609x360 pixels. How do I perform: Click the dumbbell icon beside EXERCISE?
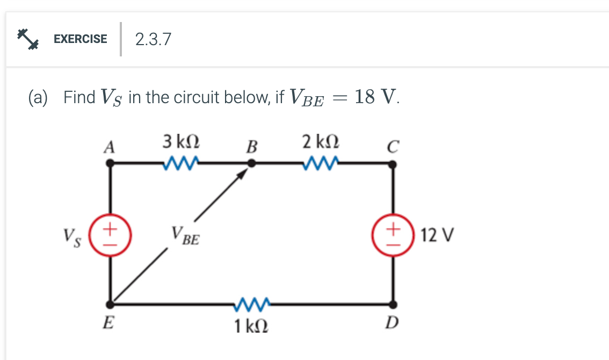coord(28,39)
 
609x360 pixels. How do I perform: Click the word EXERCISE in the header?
coord(80,39)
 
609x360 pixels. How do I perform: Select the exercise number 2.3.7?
coord(153,39)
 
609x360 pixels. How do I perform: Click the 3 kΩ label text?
coord(182,142)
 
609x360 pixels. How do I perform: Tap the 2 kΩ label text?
coord(320,142)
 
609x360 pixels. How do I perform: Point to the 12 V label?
coord(438,235)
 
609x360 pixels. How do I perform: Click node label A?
coord(110,146)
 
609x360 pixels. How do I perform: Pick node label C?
coord(393,146)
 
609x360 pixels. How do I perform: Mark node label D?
coord(393,322)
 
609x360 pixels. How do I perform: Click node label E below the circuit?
coord(109,323)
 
